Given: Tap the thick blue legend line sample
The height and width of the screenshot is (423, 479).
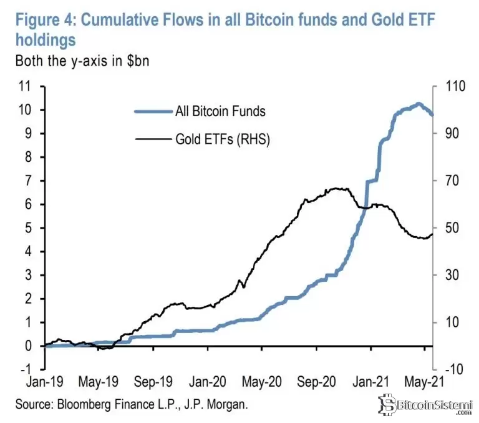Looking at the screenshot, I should coord(153,112).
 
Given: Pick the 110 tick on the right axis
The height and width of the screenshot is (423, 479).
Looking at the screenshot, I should coord(451,86).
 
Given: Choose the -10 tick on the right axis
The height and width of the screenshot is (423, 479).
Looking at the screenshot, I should coord(451,369).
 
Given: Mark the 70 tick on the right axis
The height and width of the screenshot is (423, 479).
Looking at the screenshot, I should coord(448,181).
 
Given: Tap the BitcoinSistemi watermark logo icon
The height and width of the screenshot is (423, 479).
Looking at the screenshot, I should coord(390,405).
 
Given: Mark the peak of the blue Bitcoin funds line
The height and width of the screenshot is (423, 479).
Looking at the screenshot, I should coord(418,104).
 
